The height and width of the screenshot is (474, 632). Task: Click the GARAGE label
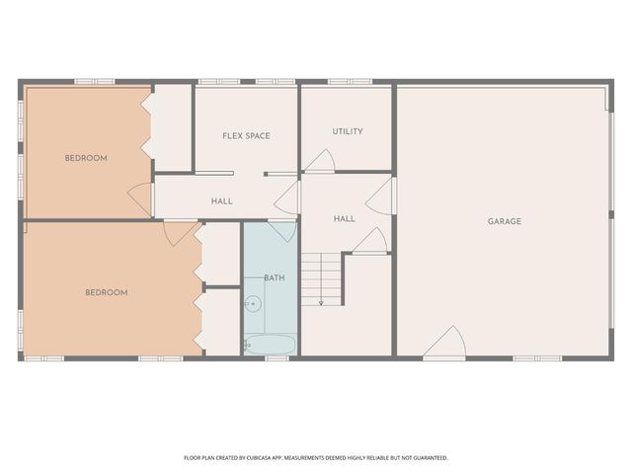[505, 221]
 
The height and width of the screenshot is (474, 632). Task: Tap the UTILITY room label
[348, 131]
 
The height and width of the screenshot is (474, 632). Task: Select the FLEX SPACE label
[246, 135]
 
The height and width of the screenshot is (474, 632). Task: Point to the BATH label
[274, 277]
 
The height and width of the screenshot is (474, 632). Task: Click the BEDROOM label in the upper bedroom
[86, 158]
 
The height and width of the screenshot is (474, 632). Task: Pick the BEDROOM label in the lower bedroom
[106, 292]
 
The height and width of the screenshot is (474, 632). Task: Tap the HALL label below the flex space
[222, 201]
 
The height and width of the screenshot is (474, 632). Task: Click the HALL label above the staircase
[344, 218]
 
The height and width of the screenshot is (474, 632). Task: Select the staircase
[322, 277]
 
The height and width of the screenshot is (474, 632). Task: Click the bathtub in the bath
[270, 345]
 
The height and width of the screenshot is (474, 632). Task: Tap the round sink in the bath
[252, 304]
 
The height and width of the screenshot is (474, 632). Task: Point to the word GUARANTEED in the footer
[428, 458]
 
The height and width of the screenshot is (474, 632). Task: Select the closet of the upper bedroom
[172, 127]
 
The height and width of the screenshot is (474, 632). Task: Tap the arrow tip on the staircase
[322, 302]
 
